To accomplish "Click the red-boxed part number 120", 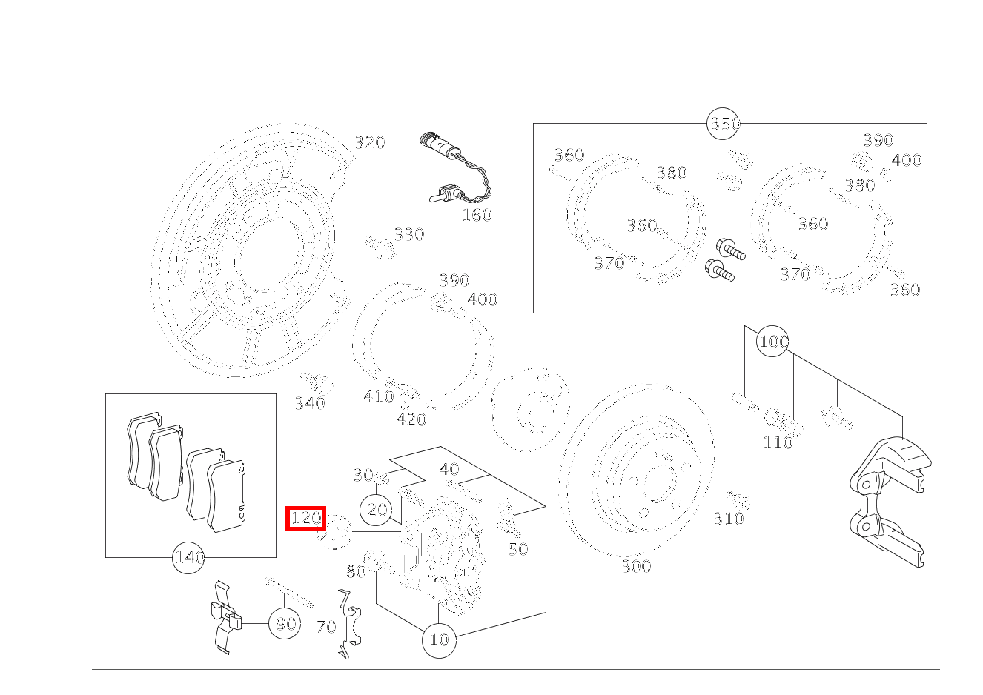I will point(306,518).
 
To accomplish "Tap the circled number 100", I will point(772,342).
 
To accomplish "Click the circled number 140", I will point(188,557).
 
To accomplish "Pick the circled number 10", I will point(439,639).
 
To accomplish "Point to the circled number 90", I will point(285,624).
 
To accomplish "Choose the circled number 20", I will point(377,510).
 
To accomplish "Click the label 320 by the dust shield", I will point(369,143).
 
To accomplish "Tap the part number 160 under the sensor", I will point(476,216).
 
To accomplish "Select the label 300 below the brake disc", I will point(635,567).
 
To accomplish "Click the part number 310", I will point(728,519).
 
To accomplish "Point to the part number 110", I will point(777,443).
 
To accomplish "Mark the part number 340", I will point(310,404).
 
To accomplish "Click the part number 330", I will point(408,235).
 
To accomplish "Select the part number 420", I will point(411,420).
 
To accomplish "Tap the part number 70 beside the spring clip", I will point(325,628).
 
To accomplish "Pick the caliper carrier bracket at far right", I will point(887,504).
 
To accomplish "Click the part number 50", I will point(517,549).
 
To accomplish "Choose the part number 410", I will point(378,397).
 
